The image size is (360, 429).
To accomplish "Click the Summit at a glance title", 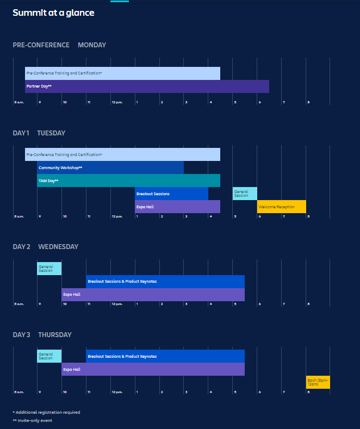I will click(x=53, y=13).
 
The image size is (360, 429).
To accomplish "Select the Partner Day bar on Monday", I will click(x=147, y=86).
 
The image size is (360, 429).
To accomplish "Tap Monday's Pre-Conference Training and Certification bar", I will click(x=122, y=73).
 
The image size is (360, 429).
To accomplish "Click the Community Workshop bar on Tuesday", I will click(x=110, y=167).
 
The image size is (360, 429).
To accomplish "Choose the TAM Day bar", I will click(x=128, y=181).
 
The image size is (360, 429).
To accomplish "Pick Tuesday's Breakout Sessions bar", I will click(x=171, y=194).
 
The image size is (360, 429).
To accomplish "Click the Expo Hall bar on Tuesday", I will click(x=177, y=207).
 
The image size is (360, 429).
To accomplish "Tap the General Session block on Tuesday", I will click(x=245, y=194).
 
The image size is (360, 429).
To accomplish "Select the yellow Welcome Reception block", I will click(x=281, y=207).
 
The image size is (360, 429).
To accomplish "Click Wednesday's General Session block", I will click(x=49, y=269).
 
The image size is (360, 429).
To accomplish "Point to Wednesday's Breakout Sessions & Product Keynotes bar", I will click(x=165, y=282).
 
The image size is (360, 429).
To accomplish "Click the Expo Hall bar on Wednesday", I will click(x=153, y=295).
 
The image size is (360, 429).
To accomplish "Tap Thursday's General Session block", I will click(x=49, y=356).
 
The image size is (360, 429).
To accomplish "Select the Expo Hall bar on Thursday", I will click(x=153, y=369).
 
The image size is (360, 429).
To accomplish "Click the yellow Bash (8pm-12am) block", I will click(x=318, y=382).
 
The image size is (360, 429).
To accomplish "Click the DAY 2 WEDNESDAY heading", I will click(x=46, y=247).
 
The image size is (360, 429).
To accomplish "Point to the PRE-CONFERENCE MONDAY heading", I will click(x=59, y=45).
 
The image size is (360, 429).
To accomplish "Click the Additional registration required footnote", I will click(x=46, y=412).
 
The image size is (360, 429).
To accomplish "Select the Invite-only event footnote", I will click(x=32, y=420).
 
